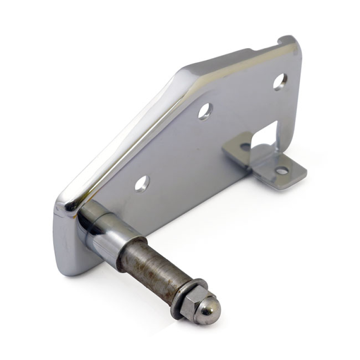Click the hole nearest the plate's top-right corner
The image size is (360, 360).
(279, 81)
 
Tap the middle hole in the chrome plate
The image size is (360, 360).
(205, 111)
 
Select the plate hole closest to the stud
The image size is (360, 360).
(142, 183)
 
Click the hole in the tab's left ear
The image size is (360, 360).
(245, 147)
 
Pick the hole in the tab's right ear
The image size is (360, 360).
(282, 171)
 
